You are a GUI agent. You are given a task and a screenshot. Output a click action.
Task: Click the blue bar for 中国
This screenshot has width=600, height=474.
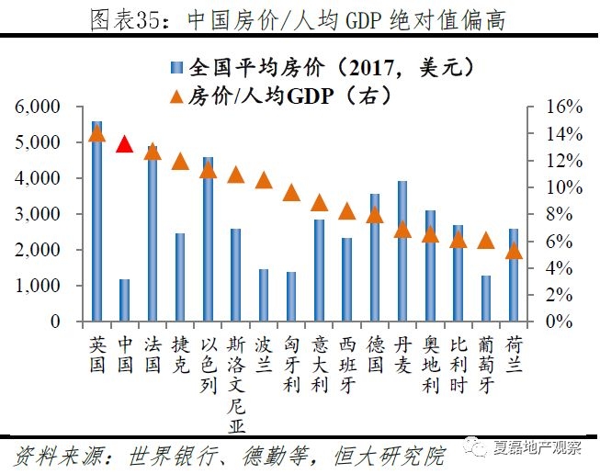(125, 300)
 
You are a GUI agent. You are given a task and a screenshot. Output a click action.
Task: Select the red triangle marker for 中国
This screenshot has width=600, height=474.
(125, 143)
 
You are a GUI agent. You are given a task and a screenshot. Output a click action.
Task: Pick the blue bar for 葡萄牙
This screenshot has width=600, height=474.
(485, 299)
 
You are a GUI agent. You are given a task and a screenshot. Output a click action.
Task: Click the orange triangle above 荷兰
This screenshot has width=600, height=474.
(514, 250)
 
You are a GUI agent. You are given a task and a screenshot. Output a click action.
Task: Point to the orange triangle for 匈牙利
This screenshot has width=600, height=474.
(291, 192)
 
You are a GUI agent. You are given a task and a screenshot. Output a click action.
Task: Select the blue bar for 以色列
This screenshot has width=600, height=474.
(208, 239)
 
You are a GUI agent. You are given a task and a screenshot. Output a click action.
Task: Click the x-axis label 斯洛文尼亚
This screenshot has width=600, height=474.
(235, 382)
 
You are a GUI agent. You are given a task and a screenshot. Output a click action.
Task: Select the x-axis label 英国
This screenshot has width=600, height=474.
(97, 355)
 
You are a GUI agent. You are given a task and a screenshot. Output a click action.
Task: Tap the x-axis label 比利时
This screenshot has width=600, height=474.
(458, 364)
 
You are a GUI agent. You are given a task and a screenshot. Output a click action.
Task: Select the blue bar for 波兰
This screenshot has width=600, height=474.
(264, 295)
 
